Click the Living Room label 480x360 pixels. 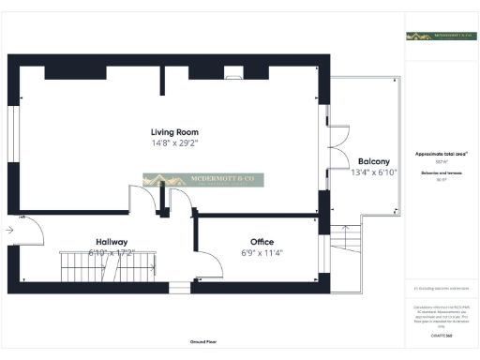(x=174, y=132)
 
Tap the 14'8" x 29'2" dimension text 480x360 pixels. (x=174, y=143)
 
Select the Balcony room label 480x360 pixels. (x=361, y=161)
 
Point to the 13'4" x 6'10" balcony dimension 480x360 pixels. (x=361, y=172)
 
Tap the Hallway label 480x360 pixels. (x=112, y=241)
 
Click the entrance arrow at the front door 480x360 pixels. (x=8, y=229)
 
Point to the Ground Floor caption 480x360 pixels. (x=203, y=343)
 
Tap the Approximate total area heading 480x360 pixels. (x=441, y=154)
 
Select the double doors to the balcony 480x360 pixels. (x=328, y=145)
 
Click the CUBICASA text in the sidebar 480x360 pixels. (x=441, y=335)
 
